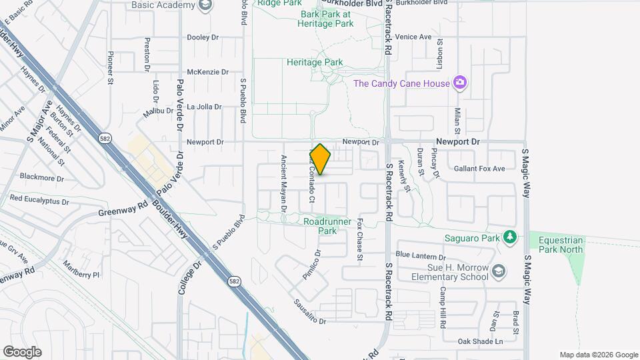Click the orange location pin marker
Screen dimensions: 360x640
pos(321,159)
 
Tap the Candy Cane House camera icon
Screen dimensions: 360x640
pos(459,83)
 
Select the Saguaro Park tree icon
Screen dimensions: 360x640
pos(510,237)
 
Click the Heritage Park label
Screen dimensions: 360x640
pos(315,62)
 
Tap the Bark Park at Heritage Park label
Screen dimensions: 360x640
pos(327,18)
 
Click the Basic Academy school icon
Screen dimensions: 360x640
pos(206,5)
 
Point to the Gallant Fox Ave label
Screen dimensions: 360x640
pos(479,169)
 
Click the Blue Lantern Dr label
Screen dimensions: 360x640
pos(420,255)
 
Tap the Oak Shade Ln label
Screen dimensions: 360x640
pos(480,341)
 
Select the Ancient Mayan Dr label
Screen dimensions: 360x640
pos(283,183)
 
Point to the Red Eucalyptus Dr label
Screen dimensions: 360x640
pos(39,200)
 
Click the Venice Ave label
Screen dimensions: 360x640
pos(413,37)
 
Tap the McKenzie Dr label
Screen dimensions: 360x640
pos(207,71)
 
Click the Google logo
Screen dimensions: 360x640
pos(22,351)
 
